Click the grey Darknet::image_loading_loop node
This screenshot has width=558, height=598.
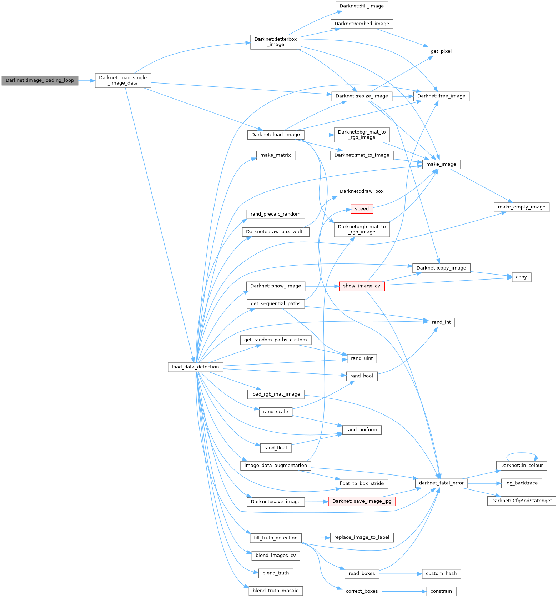point(40,80)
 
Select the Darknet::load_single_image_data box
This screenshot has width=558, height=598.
point(123,80)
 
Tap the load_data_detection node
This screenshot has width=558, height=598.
point(195,367)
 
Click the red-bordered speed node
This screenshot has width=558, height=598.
point(362,209)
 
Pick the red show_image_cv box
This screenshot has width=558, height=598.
point(362,286)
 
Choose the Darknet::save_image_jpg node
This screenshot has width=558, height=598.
point(362,501)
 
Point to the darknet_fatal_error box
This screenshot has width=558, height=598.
point(441,483)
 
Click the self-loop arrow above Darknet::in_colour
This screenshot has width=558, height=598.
point(522,453)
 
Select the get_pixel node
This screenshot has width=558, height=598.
point(441,51)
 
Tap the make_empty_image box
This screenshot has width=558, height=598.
point(522,207)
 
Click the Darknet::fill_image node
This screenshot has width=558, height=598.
point(362,6)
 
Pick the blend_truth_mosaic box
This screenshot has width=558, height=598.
point(275,591)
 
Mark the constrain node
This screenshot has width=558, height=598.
point(441,591)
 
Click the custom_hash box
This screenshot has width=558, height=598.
point(441,574)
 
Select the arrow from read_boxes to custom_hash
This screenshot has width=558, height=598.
point(400,574)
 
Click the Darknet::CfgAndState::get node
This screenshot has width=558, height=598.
point(522,501)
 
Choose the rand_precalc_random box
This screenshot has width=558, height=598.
point(275,214)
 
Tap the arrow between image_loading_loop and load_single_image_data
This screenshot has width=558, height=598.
point(86,81)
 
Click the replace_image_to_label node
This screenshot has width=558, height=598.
point(362,537)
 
